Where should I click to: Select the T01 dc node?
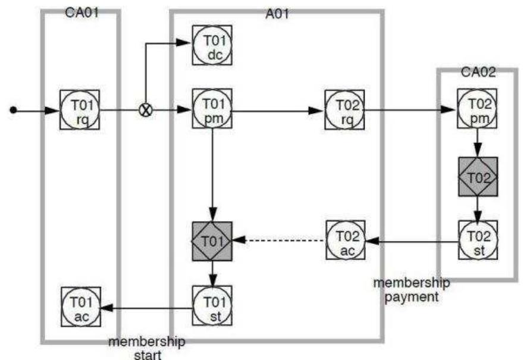pos(212,45)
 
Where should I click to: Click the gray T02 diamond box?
pos(477,177)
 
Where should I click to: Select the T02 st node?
pos(477,241)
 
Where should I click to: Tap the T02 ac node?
pos(344,241)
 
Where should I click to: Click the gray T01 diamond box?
pos(212,241)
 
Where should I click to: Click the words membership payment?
pos(411,288)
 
